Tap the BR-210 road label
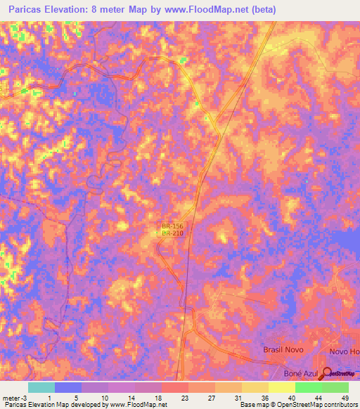point(172,233)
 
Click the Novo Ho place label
point(344,351)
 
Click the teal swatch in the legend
point(41,387)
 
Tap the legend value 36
point(264,398)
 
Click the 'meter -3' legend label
point(15,398)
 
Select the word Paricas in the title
point(28,10)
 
